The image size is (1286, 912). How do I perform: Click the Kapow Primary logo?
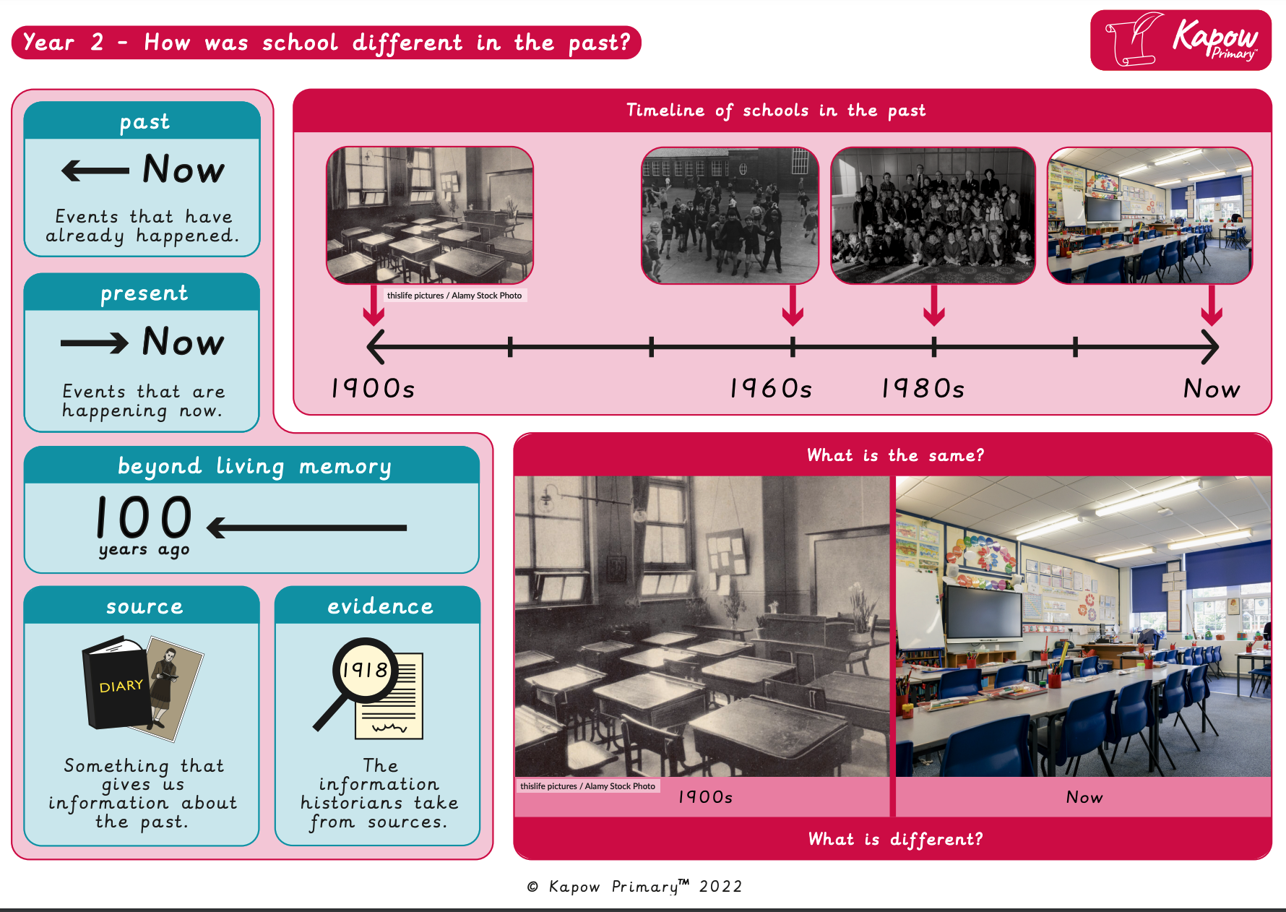point(1181,40)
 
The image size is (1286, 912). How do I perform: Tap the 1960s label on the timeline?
point(771,389)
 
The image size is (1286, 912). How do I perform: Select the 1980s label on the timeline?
point(923,389)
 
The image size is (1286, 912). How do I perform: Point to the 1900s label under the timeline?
point(373,389)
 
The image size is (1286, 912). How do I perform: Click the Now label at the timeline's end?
point(1212,389)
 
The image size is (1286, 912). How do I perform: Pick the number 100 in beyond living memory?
point(144,517)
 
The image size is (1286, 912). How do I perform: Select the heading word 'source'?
point(144,606)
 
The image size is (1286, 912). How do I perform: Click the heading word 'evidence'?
point(380,606)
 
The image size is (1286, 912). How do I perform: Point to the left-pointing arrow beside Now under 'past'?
point(96,171)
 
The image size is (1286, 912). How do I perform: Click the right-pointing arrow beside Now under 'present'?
point(95,343)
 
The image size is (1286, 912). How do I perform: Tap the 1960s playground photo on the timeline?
point(730,215)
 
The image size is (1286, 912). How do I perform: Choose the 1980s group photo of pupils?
point(933,215)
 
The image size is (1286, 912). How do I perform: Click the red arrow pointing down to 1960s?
point(793,306)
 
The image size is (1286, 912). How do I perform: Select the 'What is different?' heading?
point(895,839)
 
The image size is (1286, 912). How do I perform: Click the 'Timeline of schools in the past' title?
point(776,111)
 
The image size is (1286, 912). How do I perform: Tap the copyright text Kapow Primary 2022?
point(634,887)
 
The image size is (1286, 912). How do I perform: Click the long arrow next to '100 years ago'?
point(307,528)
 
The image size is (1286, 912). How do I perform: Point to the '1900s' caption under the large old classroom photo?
point(705,797)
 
